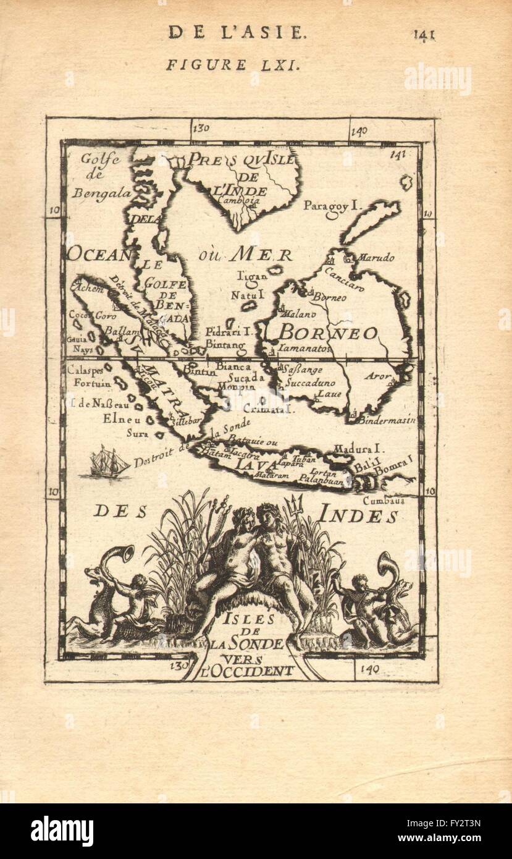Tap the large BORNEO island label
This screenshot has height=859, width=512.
[327, 333]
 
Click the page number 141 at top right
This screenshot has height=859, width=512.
[424, 34]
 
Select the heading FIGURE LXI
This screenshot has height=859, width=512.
[233, 65]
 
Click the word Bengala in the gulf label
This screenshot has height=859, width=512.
[101, 193]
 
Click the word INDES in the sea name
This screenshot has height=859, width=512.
[358, 514]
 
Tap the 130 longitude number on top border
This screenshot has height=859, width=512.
[201, 129]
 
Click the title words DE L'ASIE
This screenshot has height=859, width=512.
[237, 32]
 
